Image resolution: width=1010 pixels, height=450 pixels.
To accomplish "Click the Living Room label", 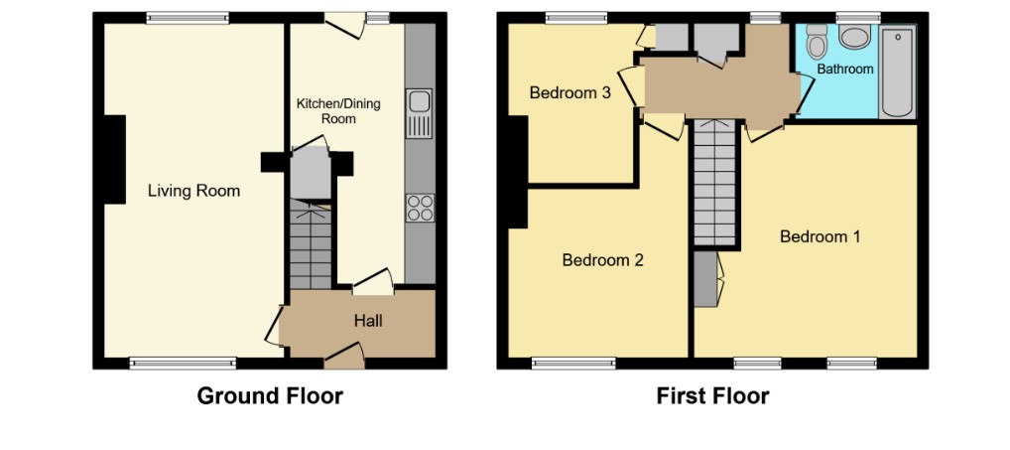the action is click(x=193, y=191).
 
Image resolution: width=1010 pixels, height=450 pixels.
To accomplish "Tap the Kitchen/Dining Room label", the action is click(x=338, y=111).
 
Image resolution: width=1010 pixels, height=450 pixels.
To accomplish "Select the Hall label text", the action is click(x=368, y=320).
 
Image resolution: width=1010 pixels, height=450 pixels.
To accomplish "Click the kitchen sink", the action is click(x=419, y=113).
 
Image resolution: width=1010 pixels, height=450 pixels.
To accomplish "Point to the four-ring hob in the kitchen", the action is click(x=420, y=208).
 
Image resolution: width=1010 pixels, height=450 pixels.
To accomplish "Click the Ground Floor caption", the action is click(x=270, y=395).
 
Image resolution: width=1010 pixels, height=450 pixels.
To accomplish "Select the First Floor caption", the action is click(x=712, y=395).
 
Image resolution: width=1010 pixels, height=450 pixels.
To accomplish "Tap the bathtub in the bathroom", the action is click(x=897, y=72).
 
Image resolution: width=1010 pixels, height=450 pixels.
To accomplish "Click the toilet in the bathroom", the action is click(x=818, y=41).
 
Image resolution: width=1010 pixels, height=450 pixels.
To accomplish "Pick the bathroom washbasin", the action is click(x=856, y=37).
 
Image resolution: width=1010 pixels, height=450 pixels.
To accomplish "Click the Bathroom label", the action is click(x=845, y=69).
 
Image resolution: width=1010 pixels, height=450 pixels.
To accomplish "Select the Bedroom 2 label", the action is click(x=603, y=260).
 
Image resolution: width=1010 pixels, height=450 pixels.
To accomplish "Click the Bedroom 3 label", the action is click(x=570, y=92).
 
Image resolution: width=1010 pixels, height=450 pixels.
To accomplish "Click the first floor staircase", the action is click(x=715, y=183).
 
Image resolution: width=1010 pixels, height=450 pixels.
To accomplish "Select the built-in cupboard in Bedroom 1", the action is click(x=706, y=278).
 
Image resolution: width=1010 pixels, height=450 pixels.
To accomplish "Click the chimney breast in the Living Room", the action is click(x=115, y=159).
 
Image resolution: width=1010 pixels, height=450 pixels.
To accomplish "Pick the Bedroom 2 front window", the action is click(x=573, y=364).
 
